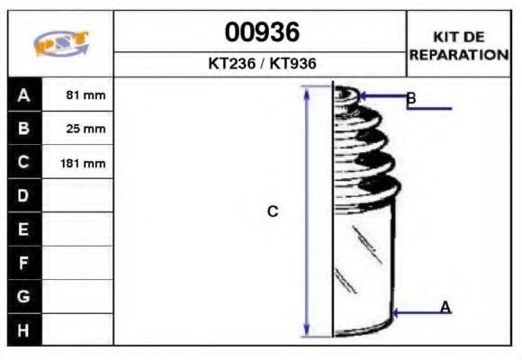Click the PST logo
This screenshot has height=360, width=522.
pyautogui.click(x=61, y=43)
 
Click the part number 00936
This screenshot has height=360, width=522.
pyautogui.click(x=262, y=32)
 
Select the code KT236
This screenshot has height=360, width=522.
pyautogui.click(x=231, y=63)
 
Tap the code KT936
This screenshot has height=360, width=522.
pyautogui.click(x=293, y=63)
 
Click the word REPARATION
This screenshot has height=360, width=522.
pyautogui.click(x=459, y=55)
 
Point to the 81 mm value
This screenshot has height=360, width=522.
pyautogui.click(x=85, y=95)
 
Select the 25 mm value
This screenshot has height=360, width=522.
pyautogui.click(x=85, y=129)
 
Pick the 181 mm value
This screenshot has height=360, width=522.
pyautogui.click(x=83, y=164)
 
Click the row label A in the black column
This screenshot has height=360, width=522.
pyautogui.click(x=24, y=95)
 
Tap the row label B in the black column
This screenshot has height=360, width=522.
pyautogui.click(x=24, y=128)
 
